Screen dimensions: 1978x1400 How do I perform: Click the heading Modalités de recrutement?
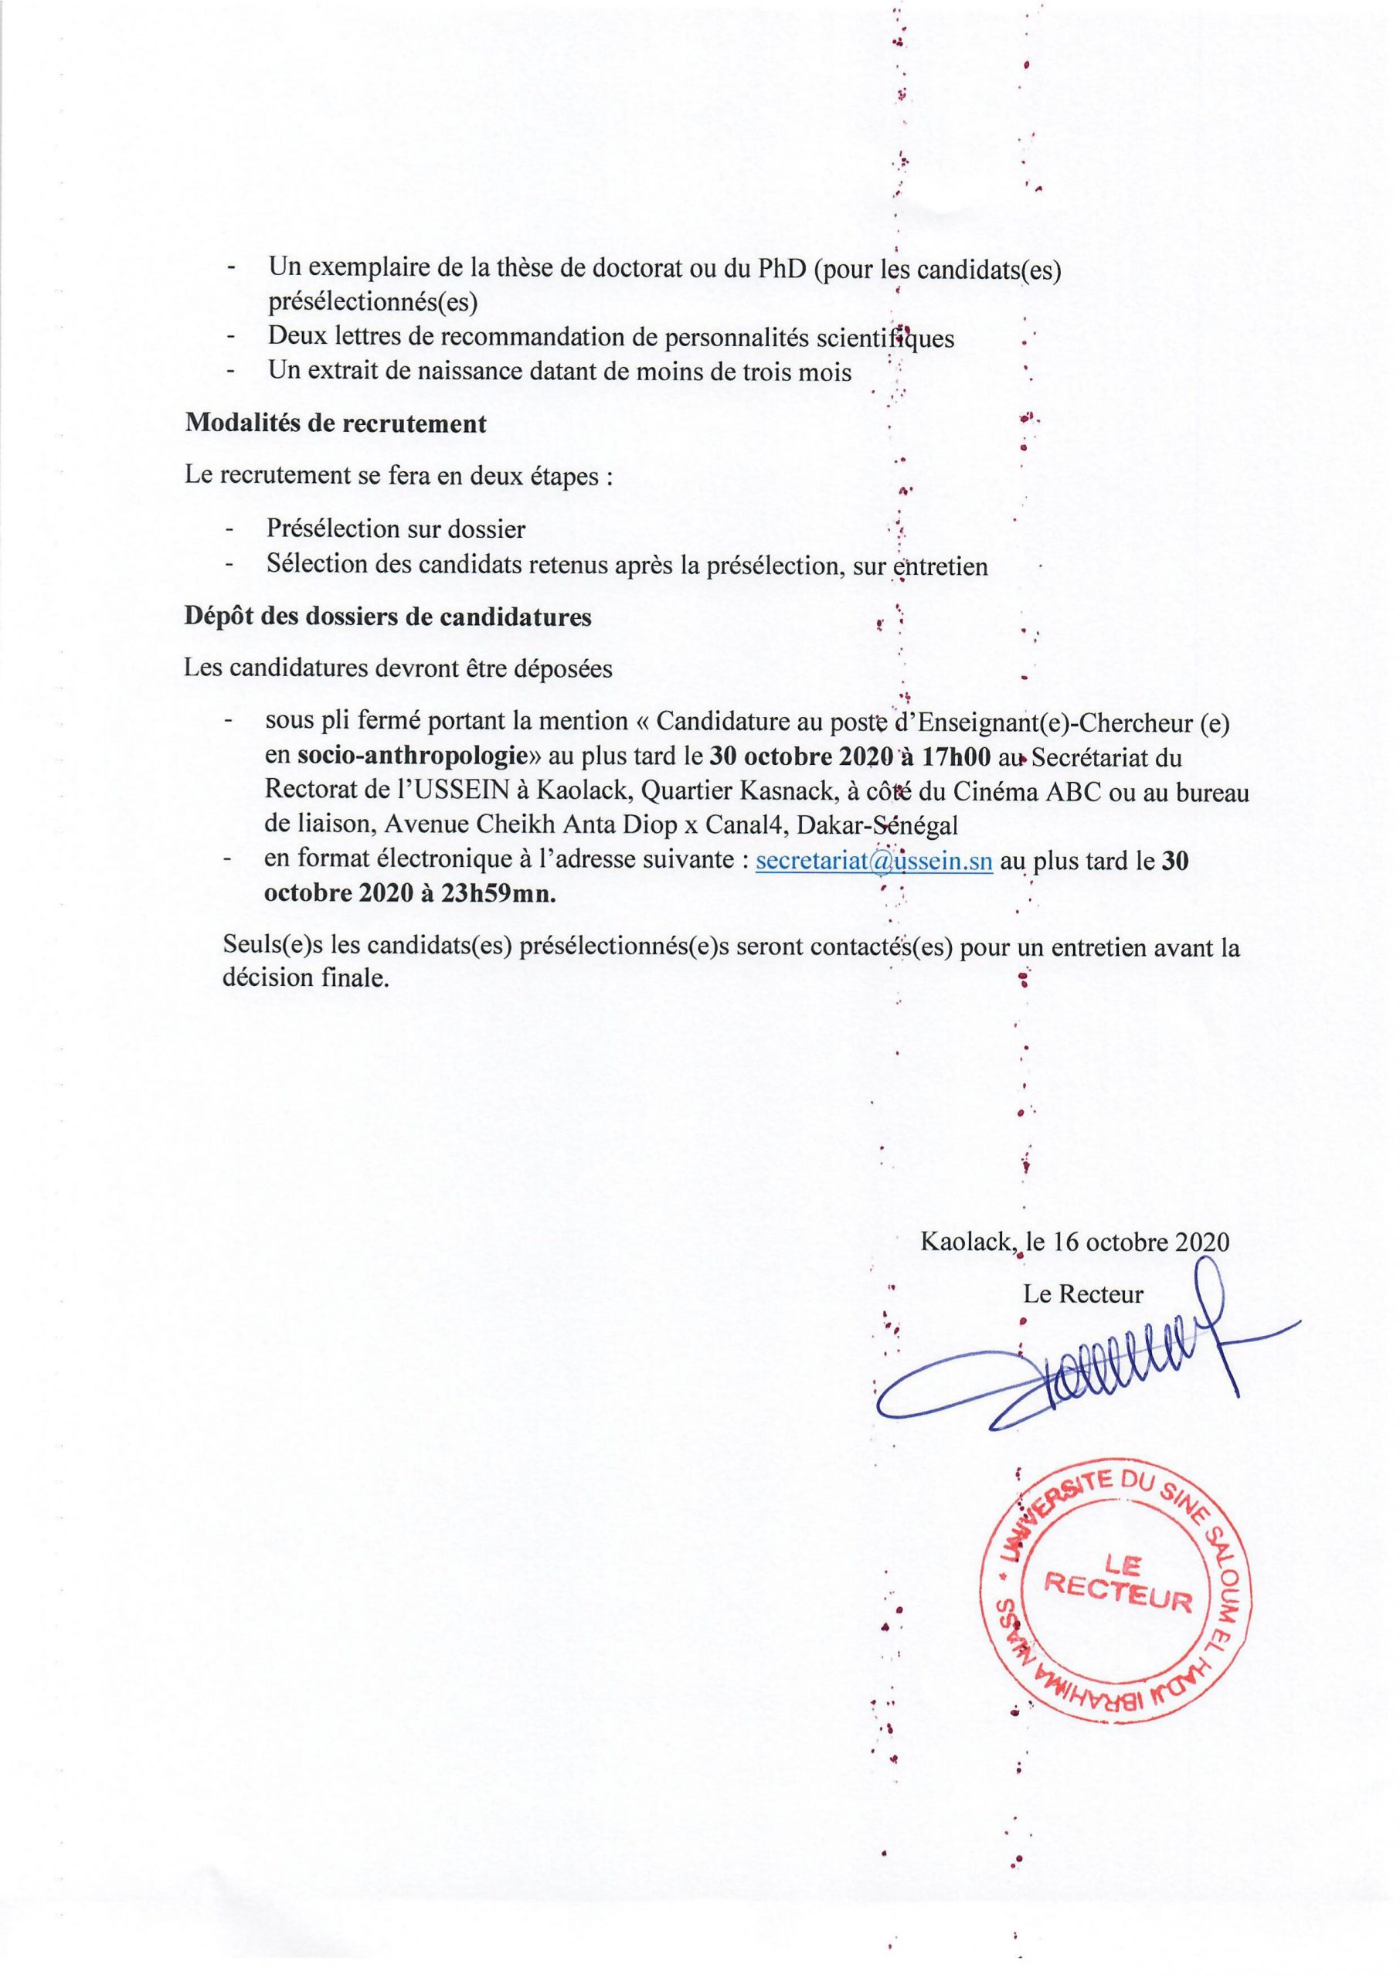[x=335, y=424]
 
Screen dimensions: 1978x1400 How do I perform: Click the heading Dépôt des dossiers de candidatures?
[x=388, y=617]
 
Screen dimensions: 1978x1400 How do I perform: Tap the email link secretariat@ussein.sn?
[x=873, y=861]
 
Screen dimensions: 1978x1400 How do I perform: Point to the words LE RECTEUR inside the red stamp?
[x=1118, y=1588]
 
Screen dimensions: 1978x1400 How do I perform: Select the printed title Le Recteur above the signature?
[x=1082, y=1293]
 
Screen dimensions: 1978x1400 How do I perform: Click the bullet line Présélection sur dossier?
[x=396, y=528]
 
